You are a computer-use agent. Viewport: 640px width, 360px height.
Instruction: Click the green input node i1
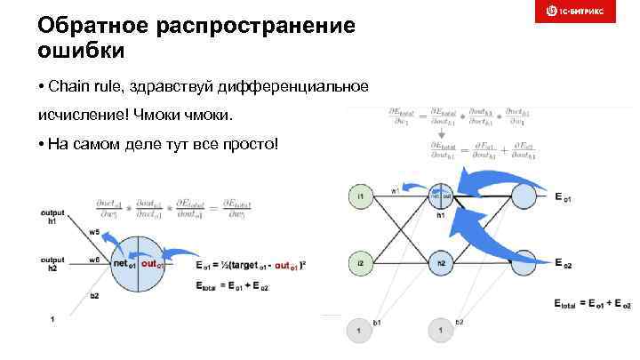click(362, 195)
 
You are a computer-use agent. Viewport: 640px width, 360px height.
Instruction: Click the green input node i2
click(362, 263)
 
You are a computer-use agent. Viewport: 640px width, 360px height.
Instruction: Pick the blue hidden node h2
click(441, 263)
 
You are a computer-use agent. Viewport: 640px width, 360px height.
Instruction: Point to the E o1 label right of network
click(562, 196)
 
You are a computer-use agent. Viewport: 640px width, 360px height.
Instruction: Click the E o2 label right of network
click(562, 264)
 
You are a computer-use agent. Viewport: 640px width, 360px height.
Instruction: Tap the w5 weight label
click(94, 231)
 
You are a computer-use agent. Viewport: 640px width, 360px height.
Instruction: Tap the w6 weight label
click(94, 260)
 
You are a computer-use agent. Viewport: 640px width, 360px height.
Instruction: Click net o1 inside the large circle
click(123, 264)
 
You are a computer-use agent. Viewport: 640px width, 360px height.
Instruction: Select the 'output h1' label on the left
click(52, 217)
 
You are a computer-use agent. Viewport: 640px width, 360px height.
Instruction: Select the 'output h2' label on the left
click(52, 263)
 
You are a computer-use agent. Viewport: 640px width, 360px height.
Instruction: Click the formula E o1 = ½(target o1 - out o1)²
click(251, 265)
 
